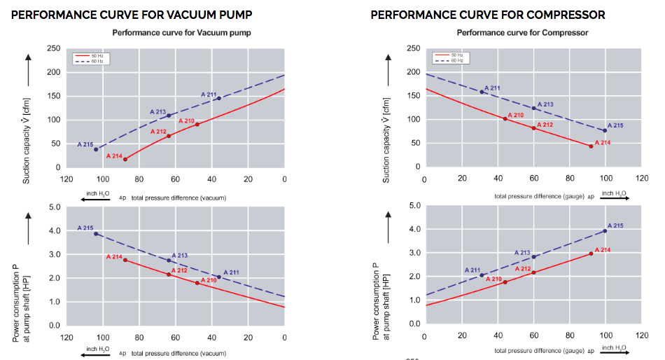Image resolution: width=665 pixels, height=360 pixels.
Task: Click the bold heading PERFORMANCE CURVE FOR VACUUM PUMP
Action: point(132,15)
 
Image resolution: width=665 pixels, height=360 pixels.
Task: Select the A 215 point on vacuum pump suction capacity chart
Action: point(96,149)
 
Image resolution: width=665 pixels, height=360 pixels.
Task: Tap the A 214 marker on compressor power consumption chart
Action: point(591,254)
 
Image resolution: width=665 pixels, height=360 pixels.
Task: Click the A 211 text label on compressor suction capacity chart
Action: point(492,88)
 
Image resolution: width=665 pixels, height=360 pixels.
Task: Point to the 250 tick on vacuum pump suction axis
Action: point(53,48)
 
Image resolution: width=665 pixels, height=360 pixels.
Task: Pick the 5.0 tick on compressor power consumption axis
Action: point(413,206)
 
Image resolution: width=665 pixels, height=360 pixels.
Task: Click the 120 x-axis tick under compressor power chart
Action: point(641,335)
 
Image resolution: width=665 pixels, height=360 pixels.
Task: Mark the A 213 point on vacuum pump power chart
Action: point(169,261)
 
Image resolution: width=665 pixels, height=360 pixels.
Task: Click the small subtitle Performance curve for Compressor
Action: point(522,33)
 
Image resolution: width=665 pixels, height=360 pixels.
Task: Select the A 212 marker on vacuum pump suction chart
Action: point(169,136)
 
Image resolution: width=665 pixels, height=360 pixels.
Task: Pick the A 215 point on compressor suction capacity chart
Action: point(605,131)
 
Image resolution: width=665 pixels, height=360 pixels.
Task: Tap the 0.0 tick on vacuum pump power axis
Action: point(53,326)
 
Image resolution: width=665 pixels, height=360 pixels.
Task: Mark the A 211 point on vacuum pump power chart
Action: point(219,277)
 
